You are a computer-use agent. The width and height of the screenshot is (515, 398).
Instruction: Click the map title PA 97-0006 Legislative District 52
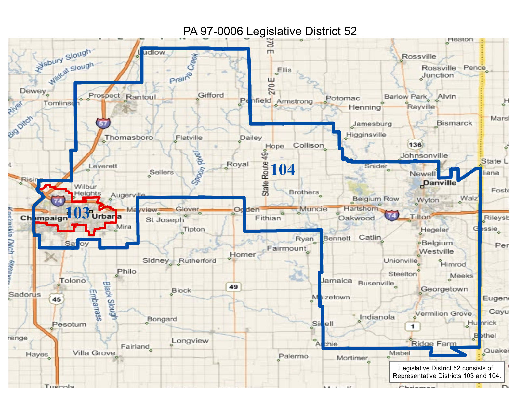(x=270, y=31)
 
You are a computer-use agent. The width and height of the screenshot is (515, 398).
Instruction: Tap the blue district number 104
(x=283, y=169)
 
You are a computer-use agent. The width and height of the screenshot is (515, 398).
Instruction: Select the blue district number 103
(x=77, y=213)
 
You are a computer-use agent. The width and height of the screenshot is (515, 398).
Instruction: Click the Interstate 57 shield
(x=103, y=123)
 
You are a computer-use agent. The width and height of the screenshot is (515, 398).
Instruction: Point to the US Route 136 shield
(x=415, y=145)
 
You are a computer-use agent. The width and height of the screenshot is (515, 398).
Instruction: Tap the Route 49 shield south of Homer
(x=233, y=287)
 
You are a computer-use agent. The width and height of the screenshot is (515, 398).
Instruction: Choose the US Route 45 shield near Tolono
(x=57, y=299)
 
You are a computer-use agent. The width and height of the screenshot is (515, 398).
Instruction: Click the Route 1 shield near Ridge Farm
(x=413, y=326)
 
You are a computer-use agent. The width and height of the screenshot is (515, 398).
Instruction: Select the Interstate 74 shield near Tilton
(x=391, y=215)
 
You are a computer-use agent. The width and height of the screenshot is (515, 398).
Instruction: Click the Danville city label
(x=440, y=183)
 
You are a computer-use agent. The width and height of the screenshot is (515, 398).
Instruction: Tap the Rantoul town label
(x=141, y=97)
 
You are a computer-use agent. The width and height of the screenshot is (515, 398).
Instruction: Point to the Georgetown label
(x=444, y=289)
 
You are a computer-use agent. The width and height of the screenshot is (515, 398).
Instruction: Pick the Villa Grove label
(x=94, y=353)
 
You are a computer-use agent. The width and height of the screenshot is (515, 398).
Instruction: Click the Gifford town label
(x=211, y=95)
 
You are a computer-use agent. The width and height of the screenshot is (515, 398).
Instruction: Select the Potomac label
(x=343, y=98)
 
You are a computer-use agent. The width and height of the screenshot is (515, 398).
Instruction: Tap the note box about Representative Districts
(x=446, y=372)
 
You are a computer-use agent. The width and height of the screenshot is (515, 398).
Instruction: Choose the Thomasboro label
(x=129, y=138)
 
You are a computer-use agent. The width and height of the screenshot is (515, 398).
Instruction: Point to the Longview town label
(x=190, y=341)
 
